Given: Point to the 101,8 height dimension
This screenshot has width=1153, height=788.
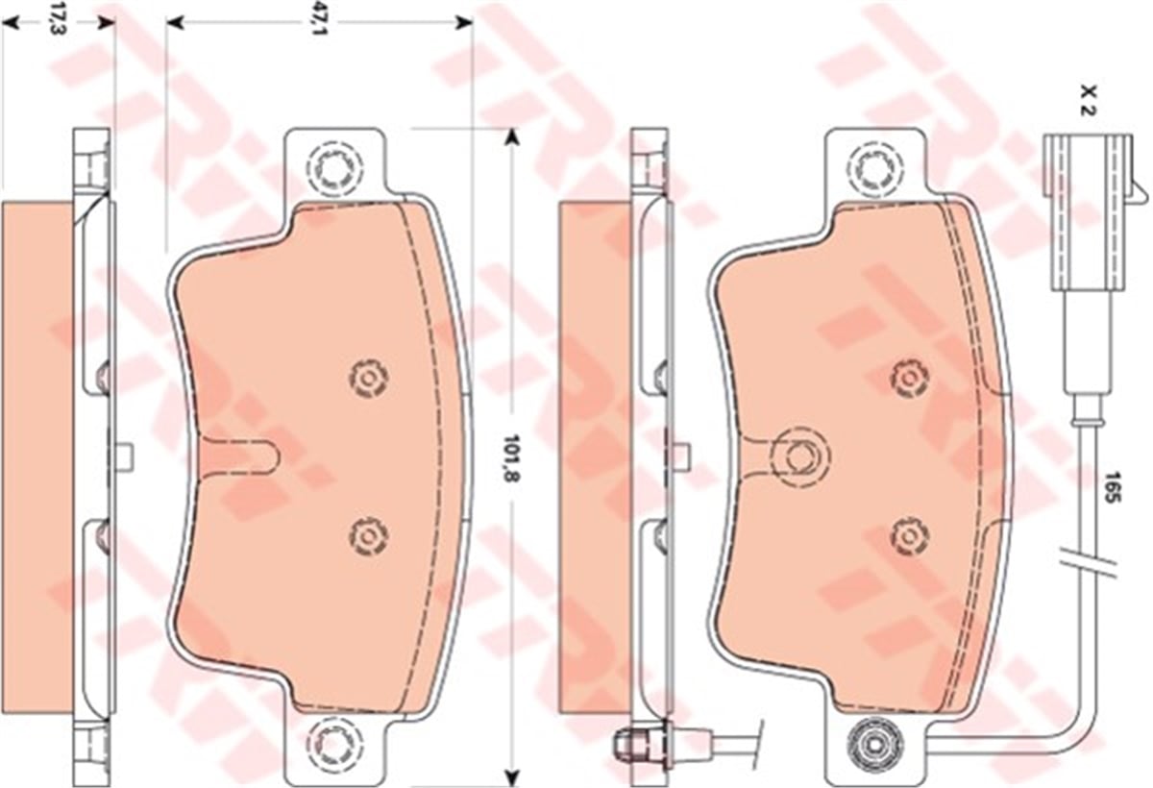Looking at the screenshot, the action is click(x=513, y=458).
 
